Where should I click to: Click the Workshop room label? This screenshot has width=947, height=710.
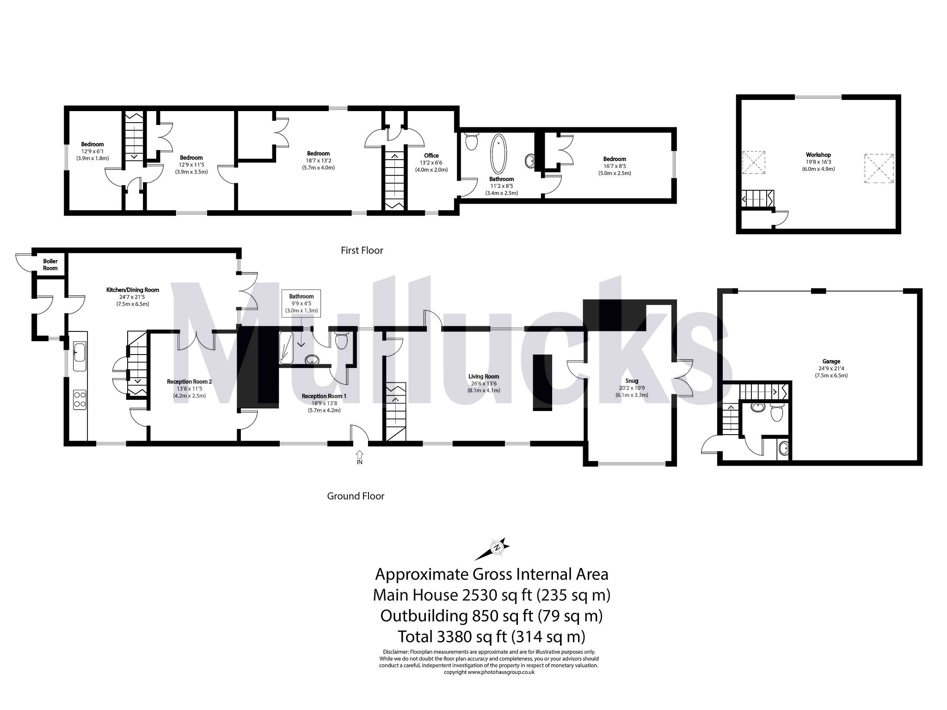tap(818, 155)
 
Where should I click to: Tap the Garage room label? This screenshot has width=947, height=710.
tap(831, 361)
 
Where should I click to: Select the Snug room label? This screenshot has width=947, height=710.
tap(631, 381)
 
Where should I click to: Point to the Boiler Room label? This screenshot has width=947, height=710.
tap(50, 265)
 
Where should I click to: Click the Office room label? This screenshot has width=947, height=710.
tap(431, 156)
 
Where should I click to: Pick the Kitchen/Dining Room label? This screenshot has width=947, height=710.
tap(133, 290)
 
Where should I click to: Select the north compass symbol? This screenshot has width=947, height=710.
tap(497, 548)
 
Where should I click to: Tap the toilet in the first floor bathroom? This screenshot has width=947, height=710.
tap(471, 142)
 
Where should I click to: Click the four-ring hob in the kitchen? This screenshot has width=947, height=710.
tap(80, 399)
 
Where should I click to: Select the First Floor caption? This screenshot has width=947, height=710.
tap(362, 250)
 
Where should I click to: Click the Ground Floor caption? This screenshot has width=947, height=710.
tap(356, 496)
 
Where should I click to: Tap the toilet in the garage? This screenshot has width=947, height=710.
tap(777, 412)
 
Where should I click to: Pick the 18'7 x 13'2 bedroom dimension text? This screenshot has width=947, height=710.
tap(318, 161)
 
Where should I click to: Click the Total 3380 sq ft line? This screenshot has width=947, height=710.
tap(492, 637)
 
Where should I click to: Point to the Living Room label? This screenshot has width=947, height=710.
tap(484, 376)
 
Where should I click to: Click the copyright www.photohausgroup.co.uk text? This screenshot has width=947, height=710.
tap(489, 672)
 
